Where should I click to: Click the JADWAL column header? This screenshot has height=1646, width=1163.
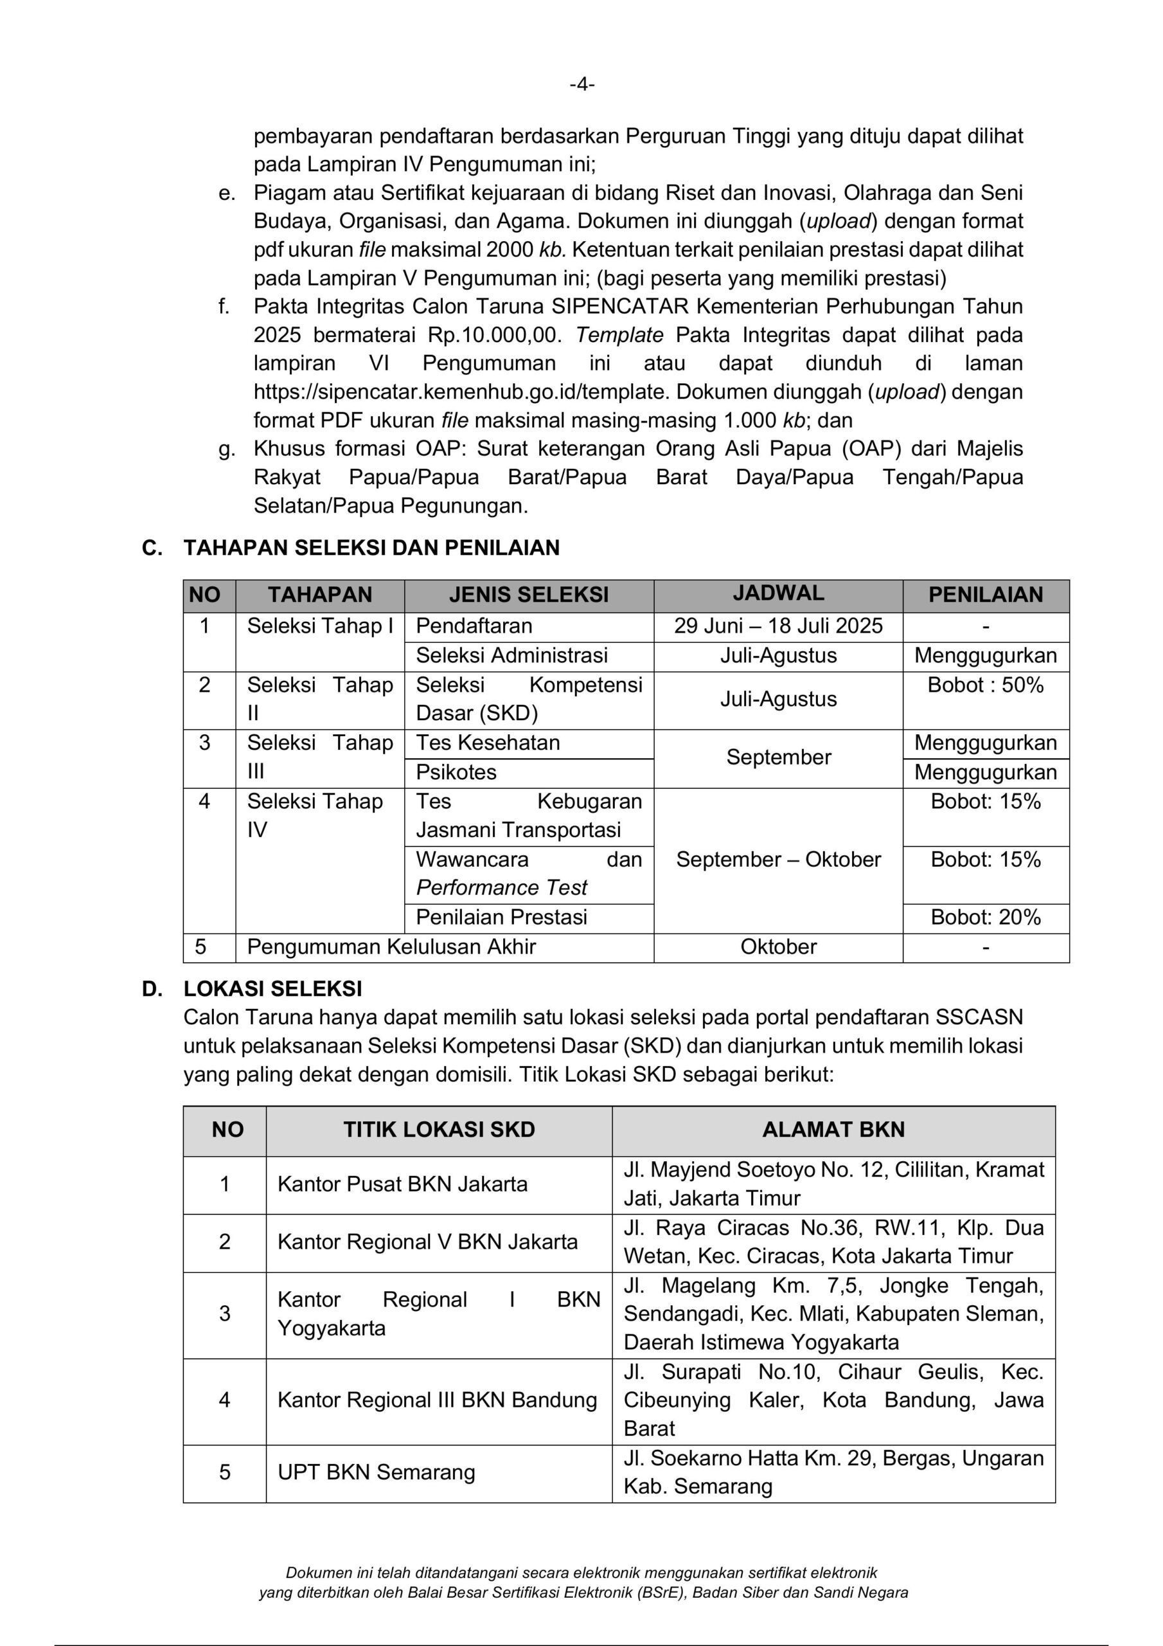pos(778,593)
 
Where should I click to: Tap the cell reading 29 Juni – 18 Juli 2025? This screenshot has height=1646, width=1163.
pos(778,626)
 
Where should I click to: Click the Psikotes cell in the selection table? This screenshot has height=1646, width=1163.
pos(456,772)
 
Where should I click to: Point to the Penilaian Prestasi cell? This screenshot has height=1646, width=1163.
pos(502,917)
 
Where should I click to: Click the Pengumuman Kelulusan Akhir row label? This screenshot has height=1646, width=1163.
pos(391,946)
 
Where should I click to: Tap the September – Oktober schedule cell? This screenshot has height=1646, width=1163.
pos(778,859)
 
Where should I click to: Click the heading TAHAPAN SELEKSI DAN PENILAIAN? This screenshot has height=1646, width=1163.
pos(371,548)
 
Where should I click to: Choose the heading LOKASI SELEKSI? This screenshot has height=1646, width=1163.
pos(272,989)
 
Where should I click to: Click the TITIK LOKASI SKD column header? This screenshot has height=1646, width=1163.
pos(439,1130)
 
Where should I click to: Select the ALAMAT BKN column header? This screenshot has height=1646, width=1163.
pos(833,1130)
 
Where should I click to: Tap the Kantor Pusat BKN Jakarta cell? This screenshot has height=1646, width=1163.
pos(402,1184)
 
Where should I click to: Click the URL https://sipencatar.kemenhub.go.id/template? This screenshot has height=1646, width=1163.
pos(461,392)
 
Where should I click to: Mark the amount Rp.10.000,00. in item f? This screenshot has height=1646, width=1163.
pos(496,336)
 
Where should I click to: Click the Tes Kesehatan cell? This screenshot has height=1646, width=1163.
pos(488,743)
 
